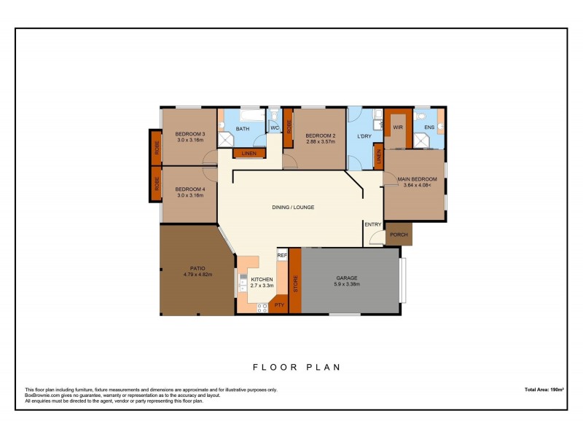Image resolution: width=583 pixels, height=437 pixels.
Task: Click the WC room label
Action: click(x=275, y=129)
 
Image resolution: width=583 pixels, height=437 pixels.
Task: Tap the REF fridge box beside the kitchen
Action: click(x=282, y=256)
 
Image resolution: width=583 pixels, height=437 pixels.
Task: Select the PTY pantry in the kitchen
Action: click(x=278, y=304)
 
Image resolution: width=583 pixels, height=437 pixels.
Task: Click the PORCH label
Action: click(x=399, y=235)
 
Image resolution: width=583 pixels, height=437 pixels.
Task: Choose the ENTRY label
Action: click(x=373, y=224)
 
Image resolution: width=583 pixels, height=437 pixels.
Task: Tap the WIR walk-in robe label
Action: click(x=398, y=127)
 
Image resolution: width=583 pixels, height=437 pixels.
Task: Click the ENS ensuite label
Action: click(x=429, y=127)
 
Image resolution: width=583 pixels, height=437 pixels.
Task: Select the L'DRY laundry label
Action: click(x=364, y=136)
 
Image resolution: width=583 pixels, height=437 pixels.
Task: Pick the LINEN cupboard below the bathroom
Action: click(x=249, y=153)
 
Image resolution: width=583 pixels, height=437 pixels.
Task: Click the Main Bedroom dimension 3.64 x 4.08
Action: click(x=417, y=185)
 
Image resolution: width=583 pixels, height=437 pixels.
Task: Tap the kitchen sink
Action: click(x=240, y=280)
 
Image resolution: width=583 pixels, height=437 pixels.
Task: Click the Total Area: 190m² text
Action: click(x=544, y=390)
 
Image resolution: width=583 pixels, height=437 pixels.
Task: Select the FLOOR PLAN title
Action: click(x=296, y=367)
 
